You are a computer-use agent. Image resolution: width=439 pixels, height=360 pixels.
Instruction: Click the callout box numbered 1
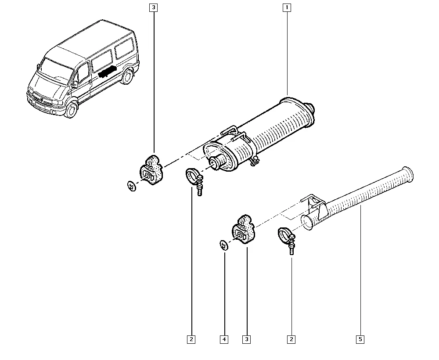point(287,7)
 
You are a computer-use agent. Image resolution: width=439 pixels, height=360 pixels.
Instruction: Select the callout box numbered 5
point(360,339)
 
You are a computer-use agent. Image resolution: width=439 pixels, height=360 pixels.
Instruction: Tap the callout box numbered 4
point(224,339)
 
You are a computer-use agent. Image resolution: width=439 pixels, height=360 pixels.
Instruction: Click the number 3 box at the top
point(153,7)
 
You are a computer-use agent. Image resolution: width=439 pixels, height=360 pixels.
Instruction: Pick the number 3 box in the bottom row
point(247,339)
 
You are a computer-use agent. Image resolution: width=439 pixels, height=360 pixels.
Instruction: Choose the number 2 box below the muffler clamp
point(191,339)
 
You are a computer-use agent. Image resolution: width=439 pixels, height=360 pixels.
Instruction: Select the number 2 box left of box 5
point(291,339)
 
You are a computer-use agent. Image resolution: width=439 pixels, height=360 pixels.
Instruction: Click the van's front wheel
point(71,110)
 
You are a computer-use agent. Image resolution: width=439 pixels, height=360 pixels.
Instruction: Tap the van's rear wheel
point(128,76)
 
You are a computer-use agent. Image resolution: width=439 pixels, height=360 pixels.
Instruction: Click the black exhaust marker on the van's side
point(107,72)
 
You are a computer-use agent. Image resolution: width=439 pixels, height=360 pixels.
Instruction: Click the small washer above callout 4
point(224,245)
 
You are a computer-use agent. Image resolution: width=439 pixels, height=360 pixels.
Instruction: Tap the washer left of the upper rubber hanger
point(131,186)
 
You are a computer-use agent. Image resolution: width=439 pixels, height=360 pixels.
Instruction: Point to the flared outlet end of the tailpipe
point(408,175)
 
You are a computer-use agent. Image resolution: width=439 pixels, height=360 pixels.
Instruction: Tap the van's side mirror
point(75,84)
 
